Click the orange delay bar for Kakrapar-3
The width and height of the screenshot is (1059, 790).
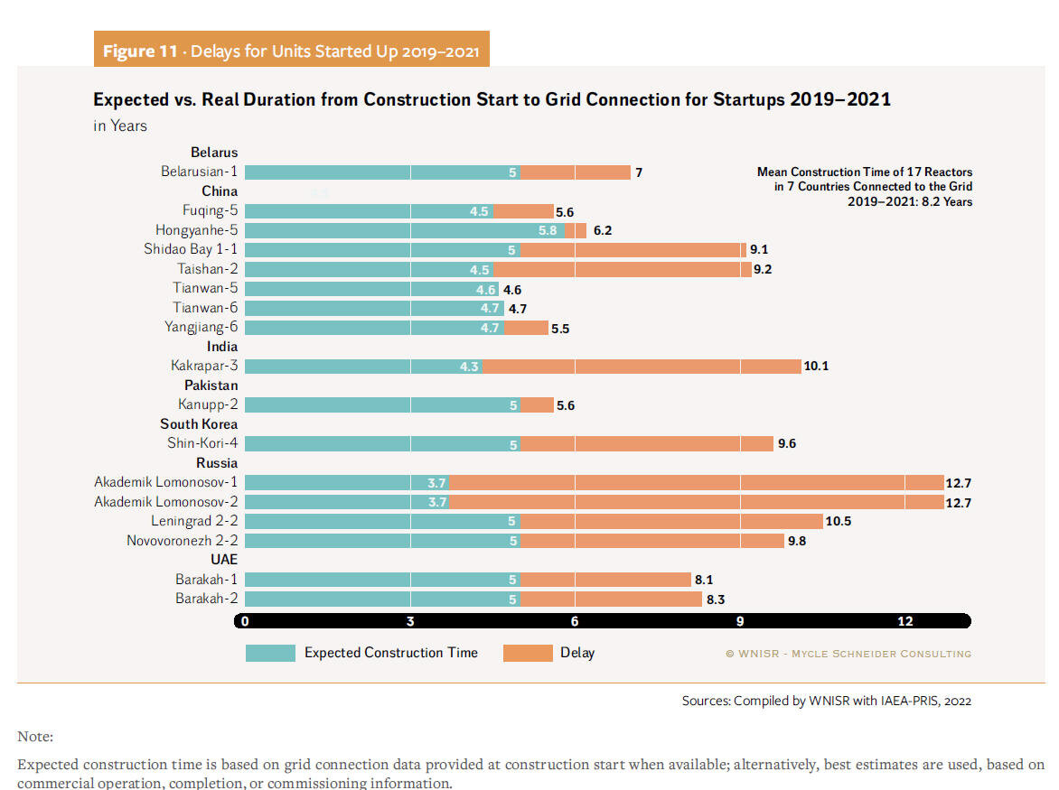pos(642,367)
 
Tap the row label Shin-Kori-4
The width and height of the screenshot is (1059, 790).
pos(202,443)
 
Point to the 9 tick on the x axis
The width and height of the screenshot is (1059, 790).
pos(740,621)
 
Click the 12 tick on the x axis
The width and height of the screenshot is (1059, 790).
pos(905,621)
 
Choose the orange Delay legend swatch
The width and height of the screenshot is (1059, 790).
pos(528,653)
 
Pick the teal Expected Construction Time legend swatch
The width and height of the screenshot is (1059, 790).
pos(270,653)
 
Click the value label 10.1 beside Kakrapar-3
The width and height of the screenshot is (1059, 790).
pos(816,367)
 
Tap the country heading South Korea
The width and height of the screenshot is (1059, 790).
pos(199,424)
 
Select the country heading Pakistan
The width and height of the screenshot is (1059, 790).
pos(211,386)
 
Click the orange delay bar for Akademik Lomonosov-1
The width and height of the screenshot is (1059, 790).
pos(697,483)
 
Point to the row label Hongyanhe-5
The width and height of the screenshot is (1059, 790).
pos(196,230)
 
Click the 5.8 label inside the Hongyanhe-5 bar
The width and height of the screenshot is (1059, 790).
pos(548,230)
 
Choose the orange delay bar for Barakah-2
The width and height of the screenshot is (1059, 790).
pos(611,599)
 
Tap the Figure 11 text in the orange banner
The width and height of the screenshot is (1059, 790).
pos(140,51)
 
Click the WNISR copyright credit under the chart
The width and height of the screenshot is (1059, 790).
pos(848,654)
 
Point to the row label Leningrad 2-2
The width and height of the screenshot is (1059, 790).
pos(194,522)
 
